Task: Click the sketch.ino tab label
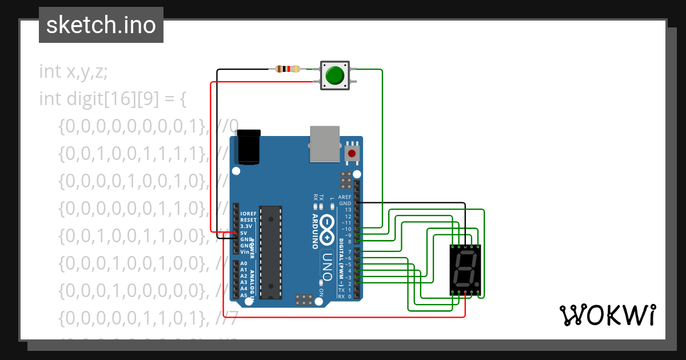click(101, 25)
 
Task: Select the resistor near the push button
click(288, 69)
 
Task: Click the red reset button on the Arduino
click(352, 153)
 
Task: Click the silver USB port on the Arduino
click(325, 143)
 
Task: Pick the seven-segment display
click(465, 269)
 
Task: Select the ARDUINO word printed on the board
click(315, 231)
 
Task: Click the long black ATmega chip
click(270, 252)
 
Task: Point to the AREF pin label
click(345, 197)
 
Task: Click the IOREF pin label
click(248, 214)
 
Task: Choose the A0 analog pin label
click(244, 263)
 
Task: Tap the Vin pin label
click(245, 252)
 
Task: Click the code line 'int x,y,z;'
click(73, 72)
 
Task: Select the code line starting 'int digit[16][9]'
click(113, 99)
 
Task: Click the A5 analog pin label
click(244, 295)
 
